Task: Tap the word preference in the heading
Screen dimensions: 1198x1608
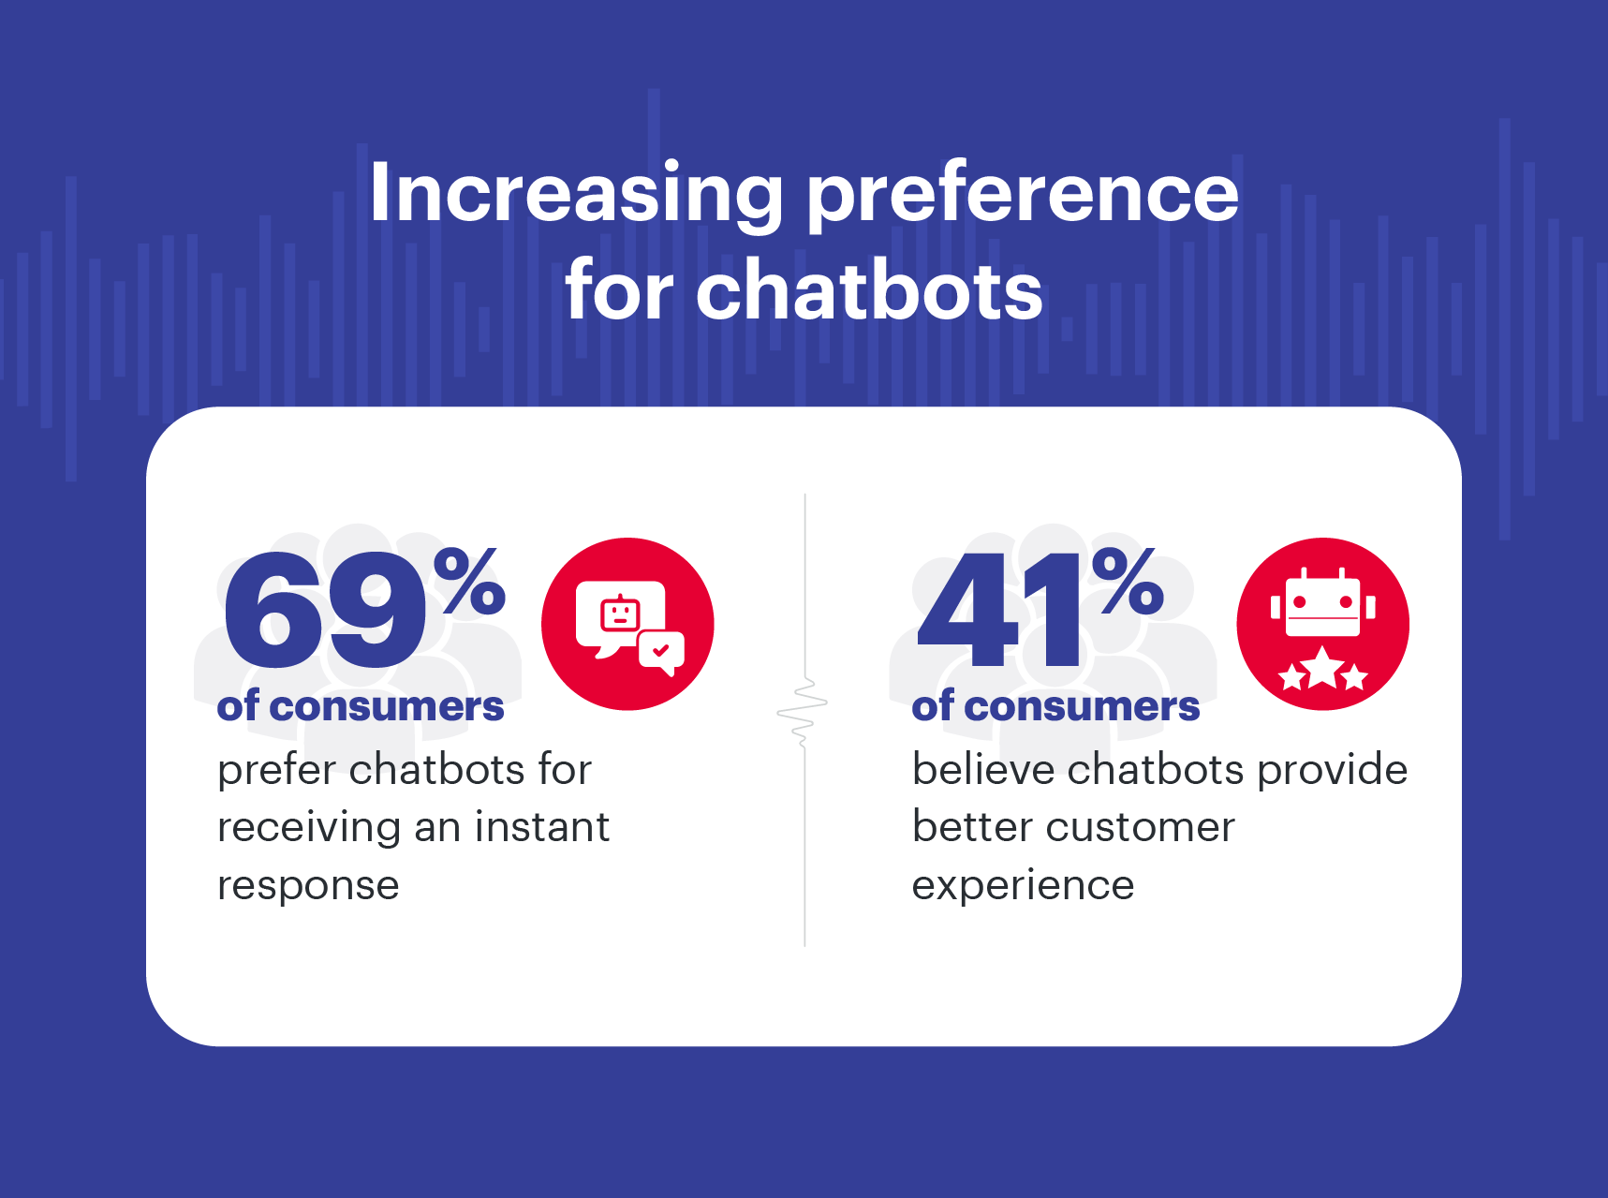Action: point(1022,194)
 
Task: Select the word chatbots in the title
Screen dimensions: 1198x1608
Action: point(868,291)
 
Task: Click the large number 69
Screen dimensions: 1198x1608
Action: point(323,611)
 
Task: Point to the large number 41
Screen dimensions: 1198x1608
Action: point(1002,611)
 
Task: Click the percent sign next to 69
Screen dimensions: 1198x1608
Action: point(469,582)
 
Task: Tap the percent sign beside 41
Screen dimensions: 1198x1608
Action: point(1128,582)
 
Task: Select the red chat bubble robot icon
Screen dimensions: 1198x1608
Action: point(627,624)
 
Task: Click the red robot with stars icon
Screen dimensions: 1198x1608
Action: point(1322,624)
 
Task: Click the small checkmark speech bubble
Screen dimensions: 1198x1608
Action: point(661,651)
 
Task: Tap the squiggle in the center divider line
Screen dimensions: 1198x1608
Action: point(804,712)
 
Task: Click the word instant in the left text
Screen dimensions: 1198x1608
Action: point(541,827)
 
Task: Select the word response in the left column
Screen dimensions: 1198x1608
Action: point(308,886)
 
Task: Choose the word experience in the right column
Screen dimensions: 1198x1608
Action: point(1023,886)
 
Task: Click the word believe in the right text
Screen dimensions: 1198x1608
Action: point(983,770)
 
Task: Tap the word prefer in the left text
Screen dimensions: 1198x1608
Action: point(276,771)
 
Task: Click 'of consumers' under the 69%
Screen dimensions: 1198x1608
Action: point(361,707)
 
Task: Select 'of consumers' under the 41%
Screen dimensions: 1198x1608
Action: point(1055,707)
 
